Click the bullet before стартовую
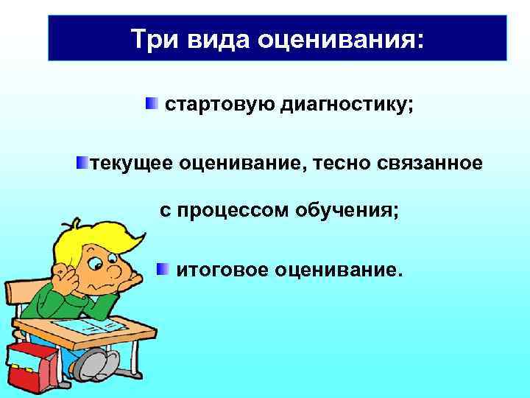pyautogui.click(x=151, y=104)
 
